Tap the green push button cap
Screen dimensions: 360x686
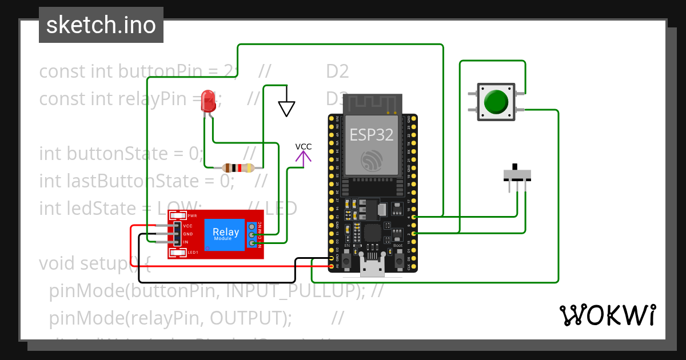click(x=496, y=102)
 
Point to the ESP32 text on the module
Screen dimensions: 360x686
click(x=372, y=135)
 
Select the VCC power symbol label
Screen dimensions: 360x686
click(x=304, y=147)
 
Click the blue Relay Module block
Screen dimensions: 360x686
click(x=226, y=234)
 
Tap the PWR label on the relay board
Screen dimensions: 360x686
click(x=193, y=216)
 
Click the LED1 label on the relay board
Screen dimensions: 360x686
click(x=193, y=252)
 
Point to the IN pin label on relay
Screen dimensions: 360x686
click(x=186, y=242)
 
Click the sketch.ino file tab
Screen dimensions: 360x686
click(x=101, y=25)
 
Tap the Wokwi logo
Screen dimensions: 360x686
click(x=607, y=315)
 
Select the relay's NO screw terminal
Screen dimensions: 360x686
click(x=252, y=244)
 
